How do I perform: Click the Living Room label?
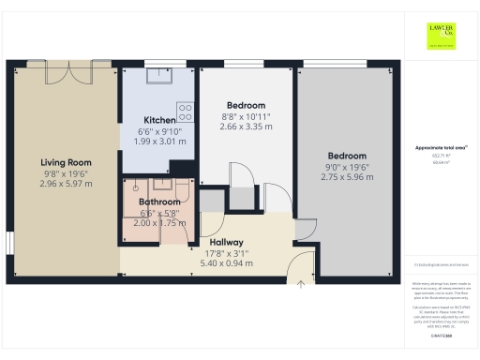(66, 161)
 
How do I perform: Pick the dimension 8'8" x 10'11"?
(247, 117)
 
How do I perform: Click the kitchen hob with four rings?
(186, 112)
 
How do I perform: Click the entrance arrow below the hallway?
(299, 284)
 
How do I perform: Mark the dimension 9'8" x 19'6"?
(66, 172)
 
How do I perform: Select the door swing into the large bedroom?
(307, 230)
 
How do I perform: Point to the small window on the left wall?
(8, 242)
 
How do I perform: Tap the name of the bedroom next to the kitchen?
(247, 105)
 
